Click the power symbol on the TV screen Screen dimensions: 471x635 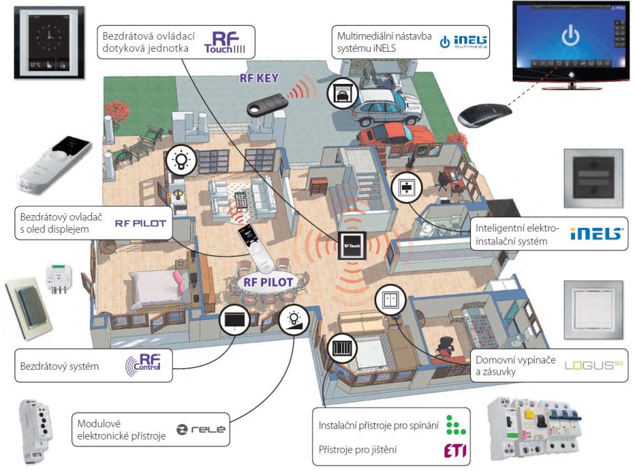coord(571,36)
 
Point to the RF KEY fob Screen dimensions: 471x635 coord(268,103)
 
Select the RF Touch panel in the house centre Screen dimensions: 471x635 coord(350,246)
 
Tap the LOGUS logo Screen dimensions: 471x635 coord(593,364)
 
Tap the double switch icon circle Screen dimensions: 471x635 coord(389,300)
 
